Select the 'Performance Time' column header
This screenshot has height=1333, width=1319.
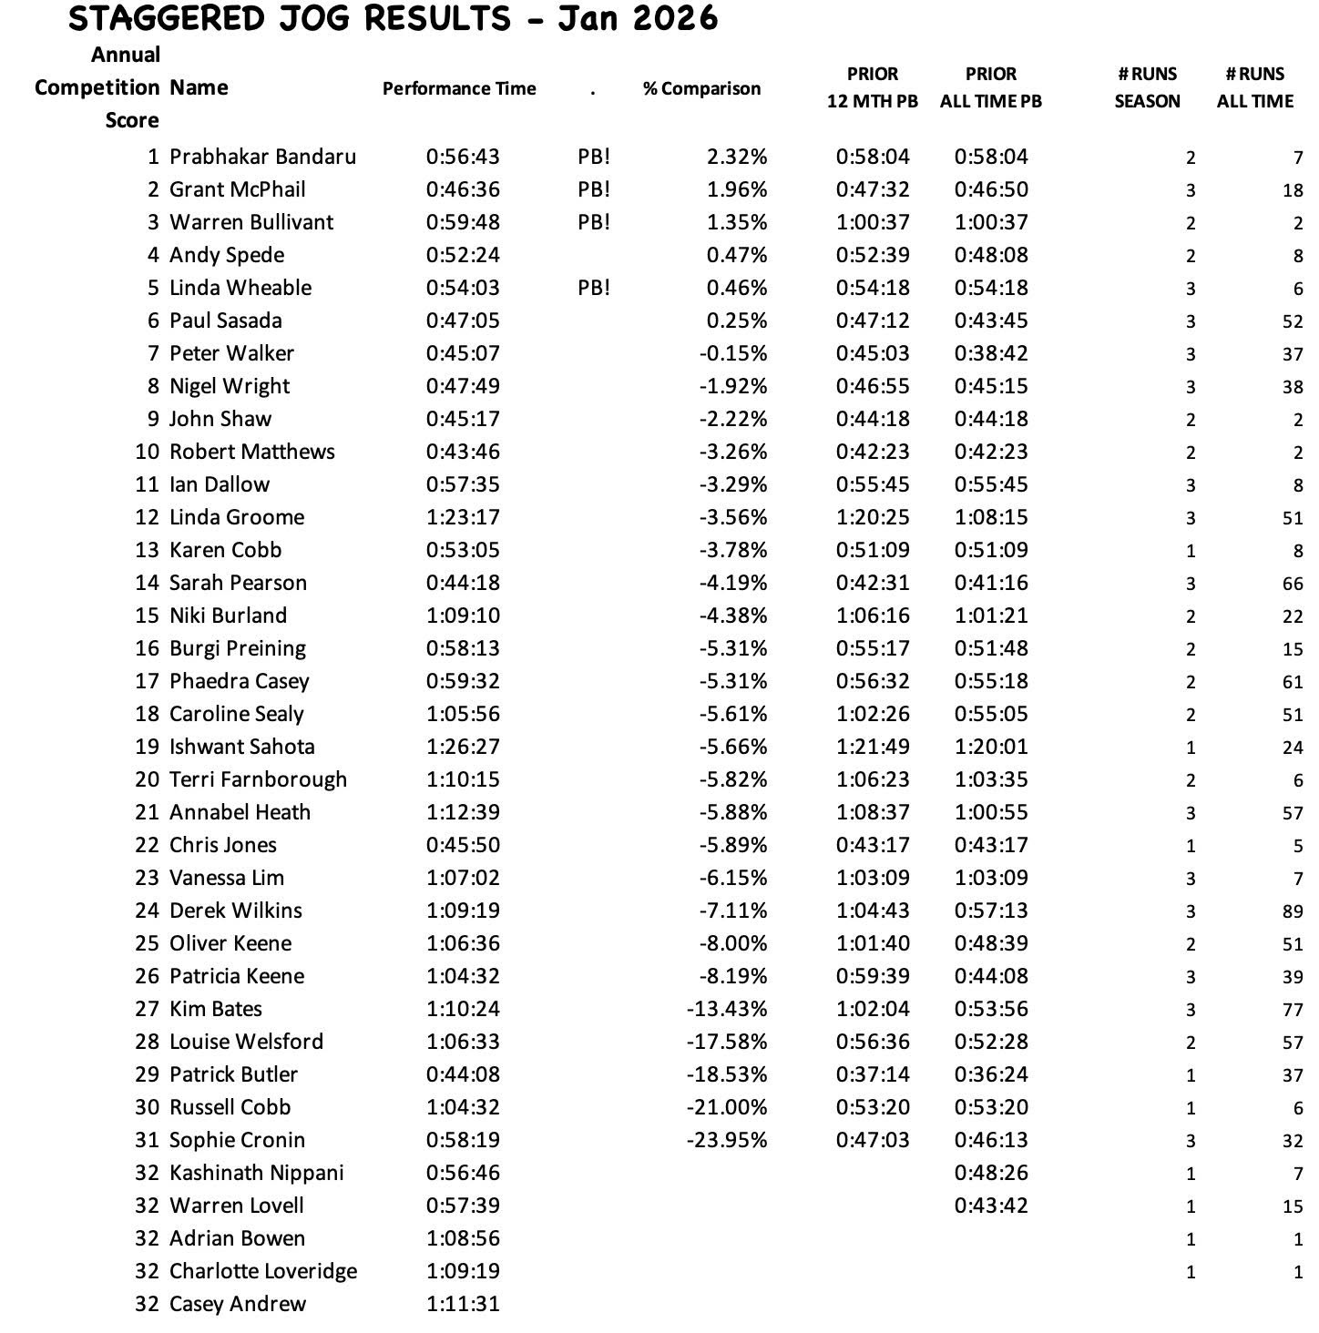pyautogui.click(x=459, y=88)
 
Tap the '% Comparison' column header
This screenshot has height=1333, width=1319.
pyautogui.click(x=701, y=88)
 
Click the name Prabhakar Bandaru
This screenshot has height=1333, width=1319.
pyautogui.click(x=262, y=157)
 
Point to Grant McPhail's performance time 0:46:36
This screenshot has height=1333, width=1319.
pyautogui.click(x=463, y=189)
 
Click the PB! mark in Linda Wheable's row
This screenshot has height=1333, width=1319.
pyautogui.click(x=594, y=288)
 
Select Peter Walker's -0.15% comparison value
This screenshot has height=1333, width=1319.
pyautogui.click(x=733, y=353)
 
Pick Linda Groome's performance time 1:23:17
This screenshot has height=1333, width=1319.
pyautogui.click(x=463, y=517)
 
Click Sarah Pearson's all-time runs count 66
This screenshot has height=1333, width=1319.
pyautogui.click(x=1292, y=584)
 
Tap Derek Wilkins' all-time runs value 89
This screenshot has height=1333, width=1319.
pyautogui.click(x=1292, y=911)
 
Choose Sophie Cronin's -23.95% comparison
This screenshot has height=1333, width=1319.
pyautogui.click(x=727, y=1140)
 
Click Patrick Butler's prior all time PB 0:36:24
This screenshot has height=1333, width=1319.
pyautogui.click(x=991, y=1074)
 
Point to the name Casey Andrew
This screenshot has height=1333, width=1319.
pyautogui.click(x=238, y=1304)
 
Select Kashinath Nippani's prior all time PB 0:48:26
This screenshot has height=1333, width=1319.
pyautogui.click(x=991, y=1173)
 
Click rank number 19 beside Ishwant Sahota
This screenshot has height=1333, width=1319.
pyautogui.click(x=147, y=747)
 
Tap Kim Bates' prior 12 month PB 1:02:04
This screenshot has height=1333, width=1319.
pyautogui.click(x=873, y=1009)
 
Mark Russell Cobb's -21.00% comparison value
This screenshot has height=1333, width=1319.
pyautogui.click(x=727, y=1107)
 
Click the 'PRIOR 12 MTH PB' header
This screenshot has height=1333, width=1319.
pyautogui.click(x=873, y=87)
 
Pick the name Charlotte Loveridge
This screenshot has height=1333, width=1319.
pyautogui.click(x=263, y=1271)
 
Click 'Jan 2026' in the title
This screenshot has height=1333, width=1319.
pyautogui.click(x=638, y=18)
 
